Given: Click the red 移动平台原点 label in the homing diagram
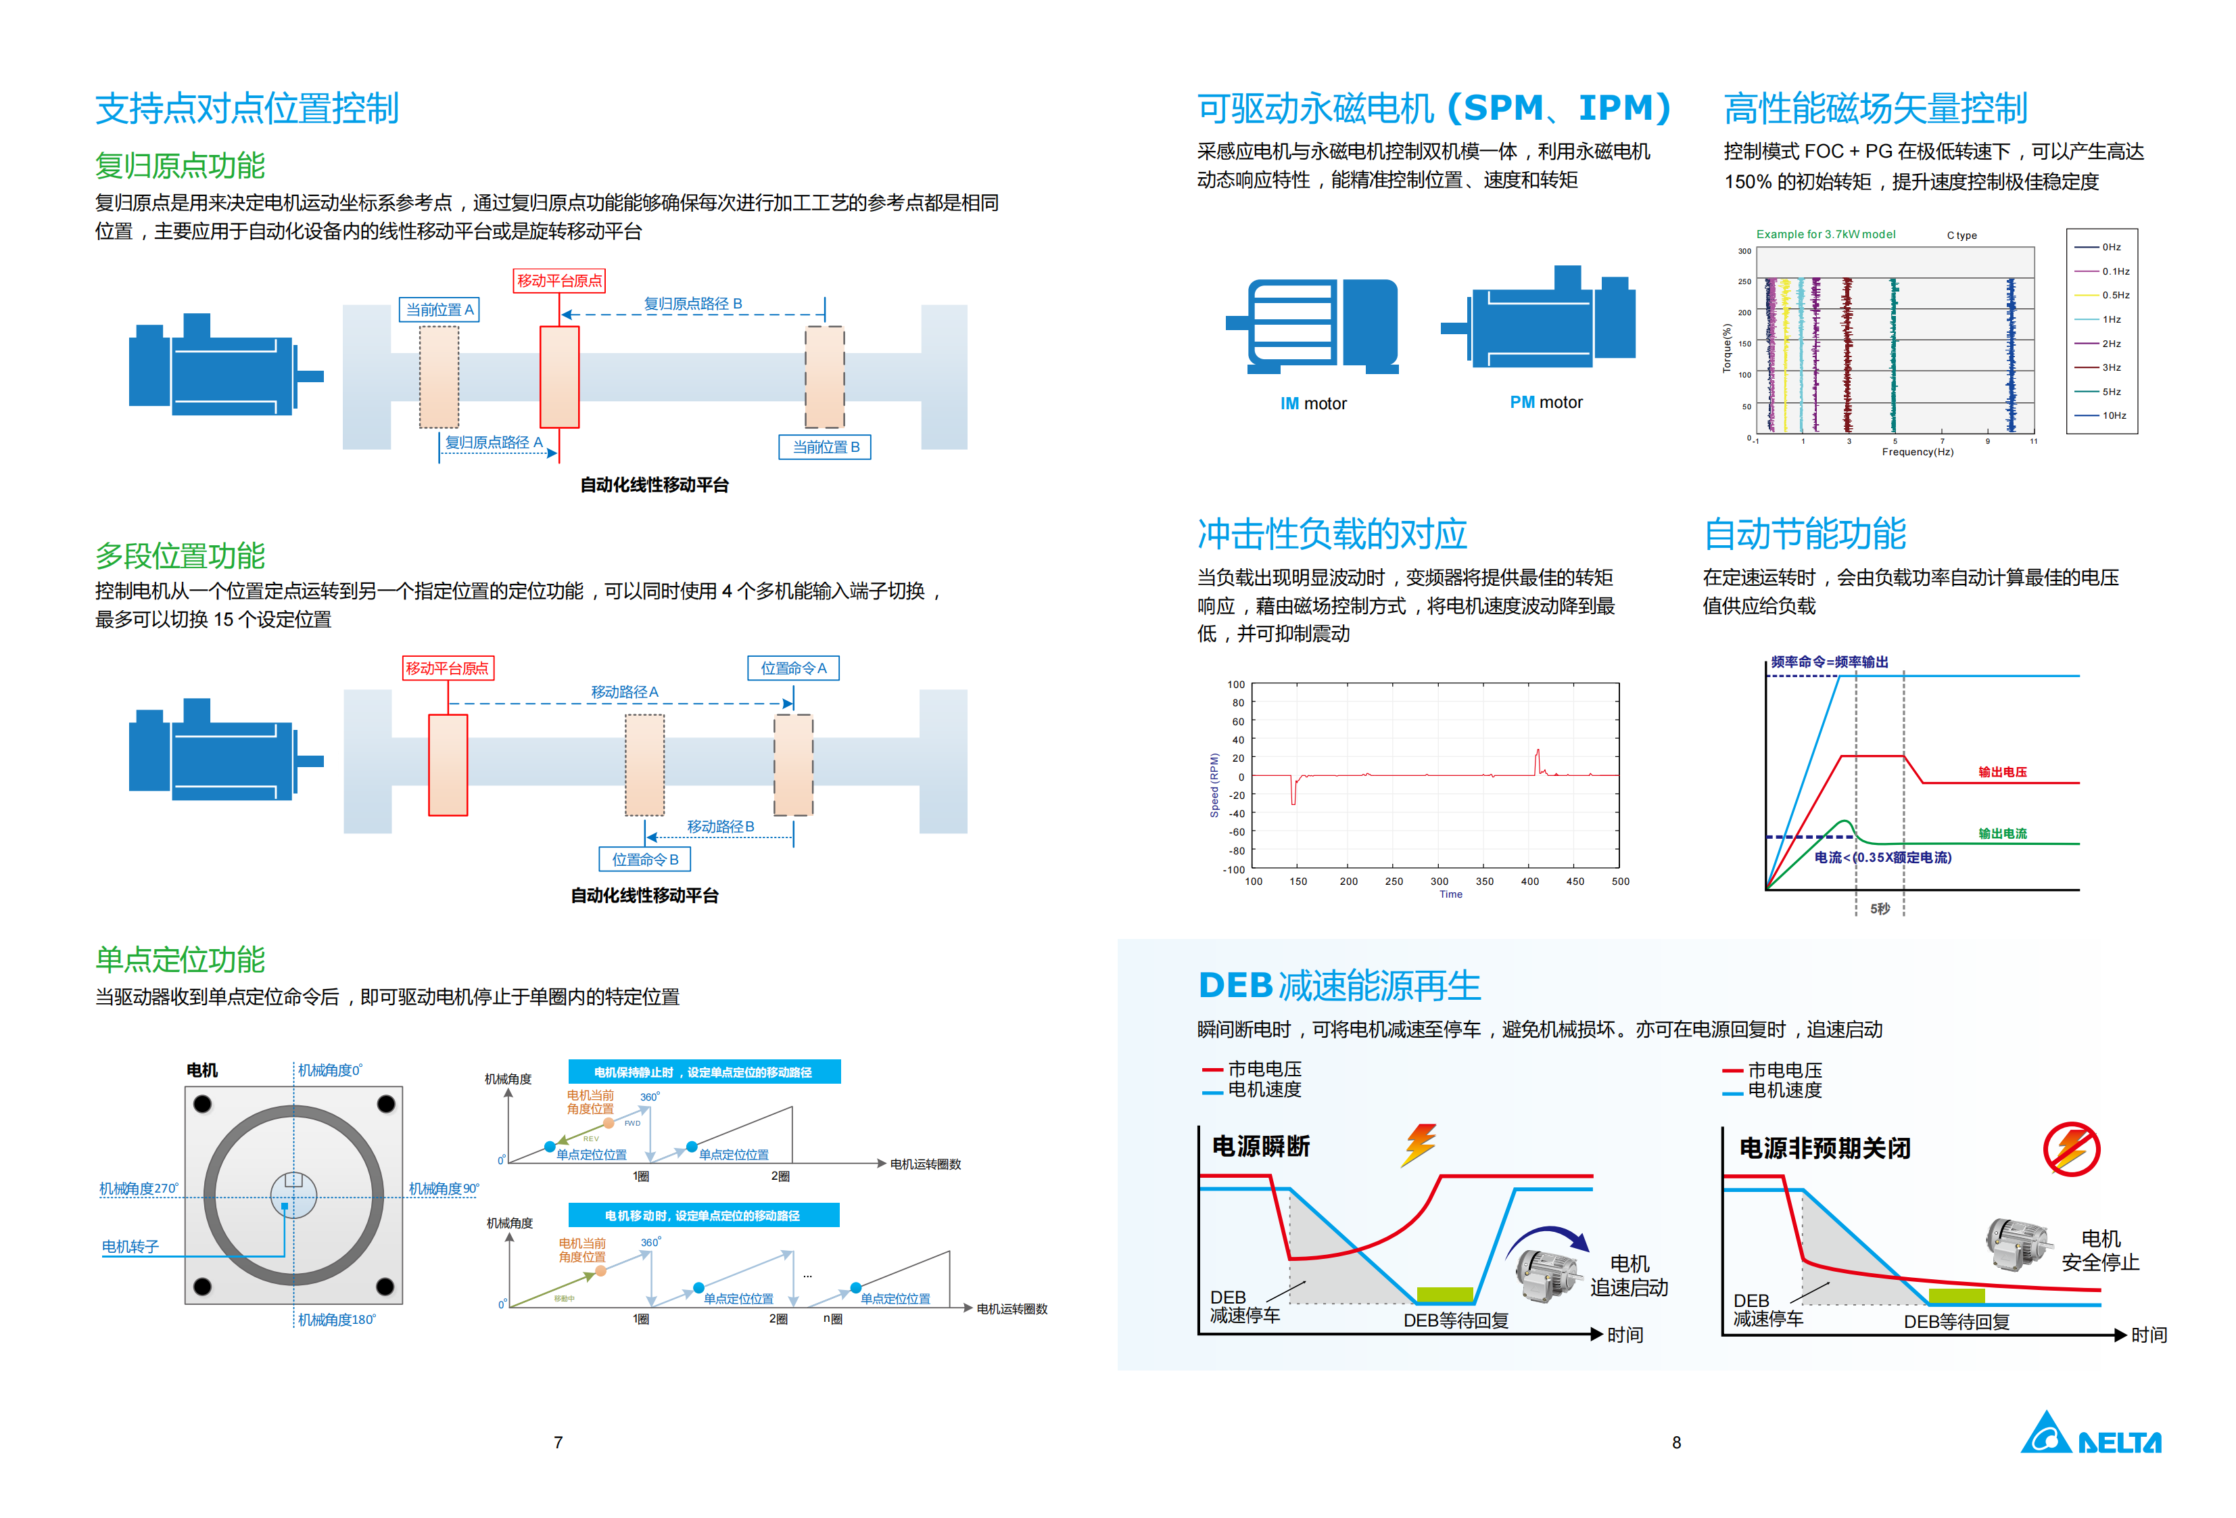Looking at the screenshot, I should click(559, 281).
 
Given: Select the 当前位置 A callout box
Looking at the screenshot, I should click(439, 310).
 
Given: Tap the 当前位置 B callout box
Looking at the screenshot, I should click(824, 446).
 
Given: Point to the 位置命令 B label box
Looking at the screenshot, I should click(644, 860).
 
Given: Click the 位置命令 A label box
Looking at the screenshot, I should click(793, 668).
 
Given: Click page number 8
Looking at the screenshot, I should click(1676, 1443).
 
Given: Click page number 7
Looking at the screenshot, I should click(558, 1443).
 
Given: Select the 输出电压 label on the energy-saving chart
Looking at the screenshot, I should click(2002, 772).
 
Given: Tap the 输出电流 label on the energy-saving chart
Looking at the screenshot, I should click(2002, 833).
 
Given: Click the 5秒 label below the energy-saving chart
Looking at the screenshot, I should click(1879, 908).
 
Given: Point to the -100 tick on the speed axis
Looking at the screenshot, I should click(1233, 870).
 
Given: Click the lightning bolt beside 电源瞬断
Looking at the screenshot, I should click(1420, 1145).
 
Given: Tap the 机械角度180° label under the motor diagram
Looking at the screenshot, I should click(336, 1320).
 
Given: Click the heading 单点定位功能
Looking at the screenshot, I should click(180, 960).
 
